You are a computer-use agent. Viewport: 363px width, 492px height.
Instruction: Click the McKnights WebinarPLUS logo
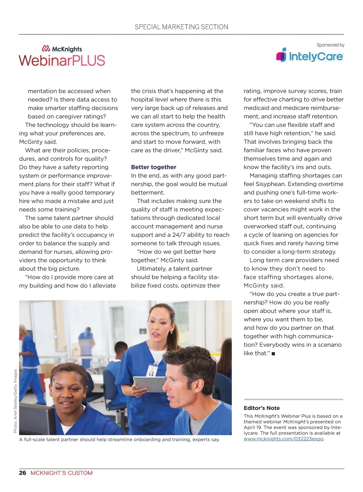tap(62, 56)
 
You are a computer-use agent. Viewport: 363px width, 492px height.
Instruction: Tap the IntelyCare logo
tap(310, 56)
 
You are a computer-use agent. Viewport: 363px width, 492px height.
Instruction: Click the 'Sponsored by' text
tap(330, 45)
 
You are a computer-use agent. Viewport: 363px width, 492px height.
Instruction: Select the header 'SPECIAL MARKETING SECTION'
tap(181, 27)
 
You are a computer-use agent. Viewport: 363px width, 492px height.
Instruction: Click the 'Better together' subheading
tap(153, 167)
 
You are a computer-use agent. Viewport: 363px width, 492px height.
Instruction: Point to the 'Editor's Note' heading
tap(262, 408)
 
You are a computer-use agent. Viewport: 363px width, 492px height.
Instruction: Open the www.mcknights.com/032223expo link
tap(283, 439)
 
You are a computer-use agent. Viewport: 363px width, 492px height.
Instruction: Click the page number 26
tap(23, 473)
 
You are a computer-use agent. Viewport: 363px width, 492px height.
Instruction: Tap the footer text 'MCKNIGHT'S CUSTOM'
tap(61, 473)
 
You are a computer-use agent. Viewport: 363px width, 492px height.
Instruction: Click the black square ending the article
tap(273, 353)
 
